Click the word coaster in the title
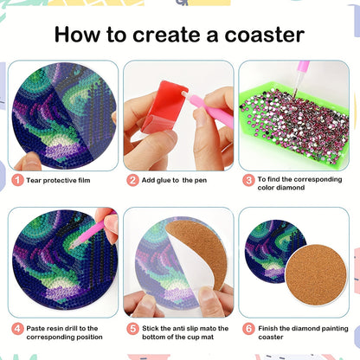pos(262,35)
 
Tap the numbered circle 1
pos(16,180)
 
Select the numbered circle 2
pos(132,180)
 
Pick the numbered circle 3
pos(248,180)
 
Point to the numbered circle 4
pos(16,329)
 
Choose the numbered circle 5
pos(132,329)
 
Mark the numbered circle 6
pos(248,329)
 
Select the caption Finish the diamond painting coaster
pos(299,329)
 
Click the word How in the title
pos(76,35)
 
